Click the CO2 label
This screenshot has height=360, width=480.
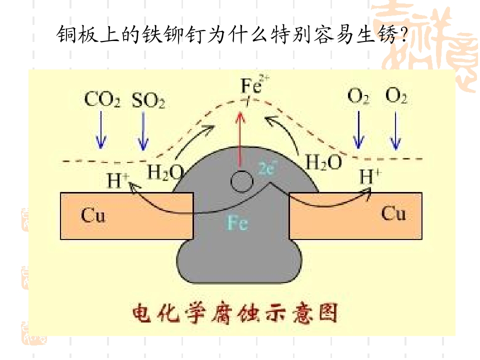click(x=102, y=99)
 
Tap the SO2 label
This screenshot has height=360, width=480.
click(x=148, y=100)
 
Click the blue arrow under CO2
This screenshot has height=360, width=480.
click(x=101, y=130)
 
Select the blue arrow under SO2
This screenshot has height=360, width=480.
click(x=143, y=130)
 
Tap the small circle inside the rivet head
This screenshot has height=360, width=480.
click(x=241, y=181)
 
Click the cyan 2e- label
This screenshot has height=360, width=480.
click(x=267, y=167)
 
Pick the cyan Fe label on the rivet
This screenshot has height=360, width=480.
click(x=237, y=222)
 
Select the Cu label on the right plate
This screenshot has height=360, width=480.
click(x=393, y=213)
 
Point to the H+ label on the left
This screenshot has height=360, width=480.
click(x=117, y=180)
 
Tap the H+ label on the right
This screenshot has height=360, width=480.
click(x=370, y=175)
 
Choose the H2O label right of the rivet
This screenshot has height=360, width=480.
click(x=323, y=161)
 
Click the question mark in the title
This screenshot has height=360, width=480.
click(x=404, y=34)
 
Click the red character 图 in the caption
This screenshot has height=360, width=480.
click(x=328, y=312)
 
